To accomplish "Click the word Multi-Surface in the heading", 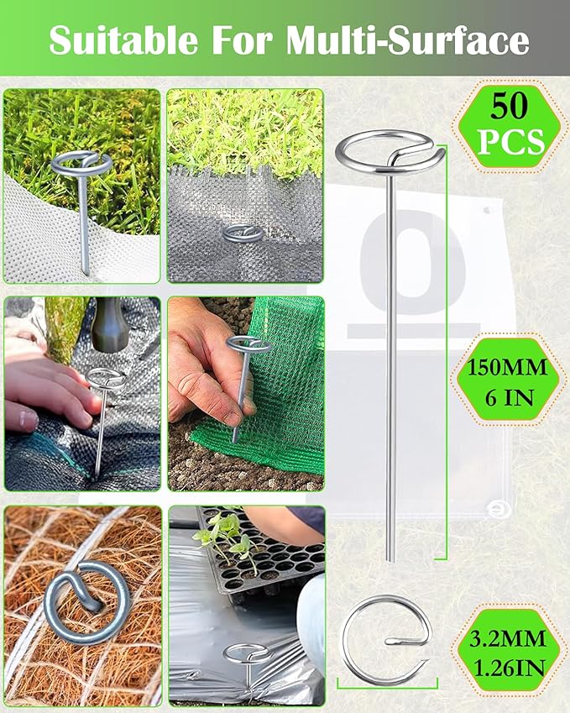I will click(x=409, y=39).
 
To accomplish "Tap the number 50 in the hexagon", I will click(x=510, y=107).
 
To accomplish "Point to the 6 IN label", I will click(x=510, y=397).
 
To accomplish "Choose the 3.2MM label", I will click(x=510, y=638).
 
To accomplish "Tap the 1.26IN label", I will click(x=510, y=668).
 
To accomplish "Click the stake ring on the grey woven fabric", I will click(x=241, y=233).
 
